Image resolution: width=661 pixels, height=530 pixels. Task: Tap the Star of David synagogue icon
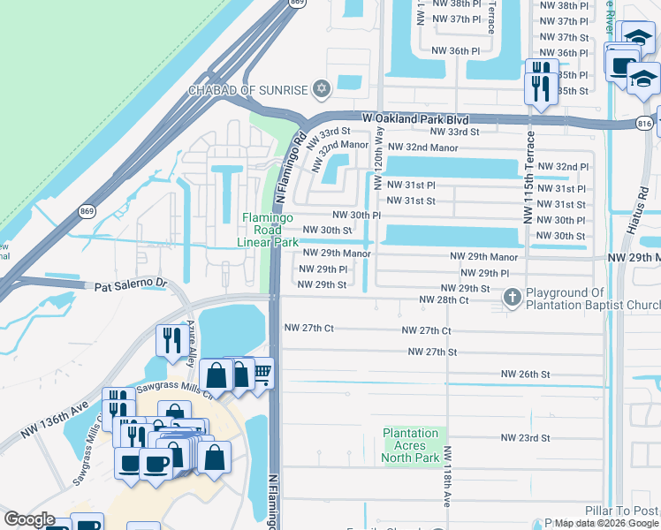click(x=322, y=89)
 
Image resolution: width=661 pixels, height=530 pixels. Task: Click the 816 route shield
click(x=644, y=125)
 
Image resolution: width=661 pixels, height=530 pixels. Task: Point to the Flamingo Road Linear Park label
click(x=270, y=230)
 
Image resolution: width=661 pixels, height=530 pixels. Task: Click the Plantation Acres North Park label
click(x=411, y=445)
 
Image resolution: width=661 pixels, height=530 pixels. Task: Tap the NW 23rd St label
click(x=525, y=438)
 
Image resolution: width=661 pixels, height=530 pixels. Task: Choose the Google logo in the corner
click(x=29, y=519)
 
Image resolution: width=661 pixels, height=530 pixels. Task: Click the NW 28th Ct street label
click(x=443, y=300)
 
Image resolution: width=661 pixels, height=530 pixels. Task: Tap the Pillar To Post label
click(x=622, y=511)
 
